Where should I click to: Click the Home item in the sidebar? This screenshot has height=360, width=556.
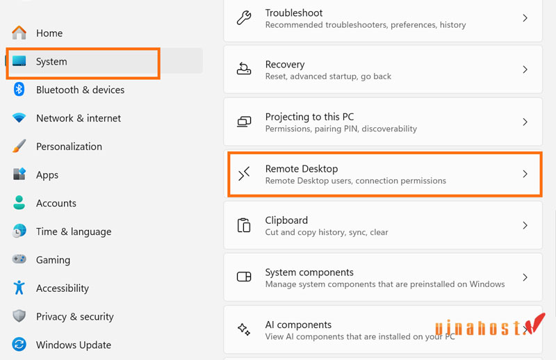pos(49,33)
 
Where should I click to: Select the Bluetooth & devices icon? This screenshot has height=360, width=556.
pos(19,90)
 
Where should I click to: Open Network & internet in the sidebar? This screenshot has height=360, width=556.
pos(78,118)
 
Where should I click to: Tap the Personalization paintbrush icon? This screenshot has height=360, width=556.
pos(19,147)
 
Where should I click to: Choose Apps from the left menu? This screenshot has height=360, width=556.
pos(47,175)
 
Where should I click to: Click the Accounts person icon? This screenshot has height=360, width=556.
pos(19,203)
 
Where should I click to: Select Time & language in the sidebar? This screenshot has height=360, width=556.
pos(73,231)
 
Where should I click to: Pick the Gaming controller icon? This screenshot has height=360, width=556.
pos(19,260)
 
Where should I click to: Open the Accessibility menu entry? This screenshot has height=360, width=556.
pos(62,288)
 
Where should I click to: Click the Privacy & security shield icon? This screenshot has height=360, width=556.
pos(19,316)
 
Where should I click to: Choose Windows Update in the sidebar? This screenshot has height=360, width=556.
pos(73,345)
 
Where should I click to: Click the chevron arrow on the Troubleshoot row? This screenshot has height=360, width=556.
pos(525,18)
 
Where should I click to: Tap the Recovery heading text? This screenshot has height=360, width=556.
pos(285,65)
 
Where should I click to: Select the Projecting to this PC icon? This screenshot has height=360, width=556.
pos(244,122)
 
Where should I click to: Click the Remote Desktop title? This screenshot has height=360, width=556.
pos(302,169)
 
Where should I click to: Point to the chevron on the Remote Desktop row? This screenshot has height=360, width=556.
pos(525,174)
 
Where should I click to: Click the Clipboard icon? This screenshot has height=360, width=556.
pos(244,225)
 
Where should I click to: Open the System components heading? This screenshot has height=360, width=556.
pos(309,272)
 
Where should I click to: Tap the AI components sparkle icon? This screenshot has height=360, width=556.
pos(244,329)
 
